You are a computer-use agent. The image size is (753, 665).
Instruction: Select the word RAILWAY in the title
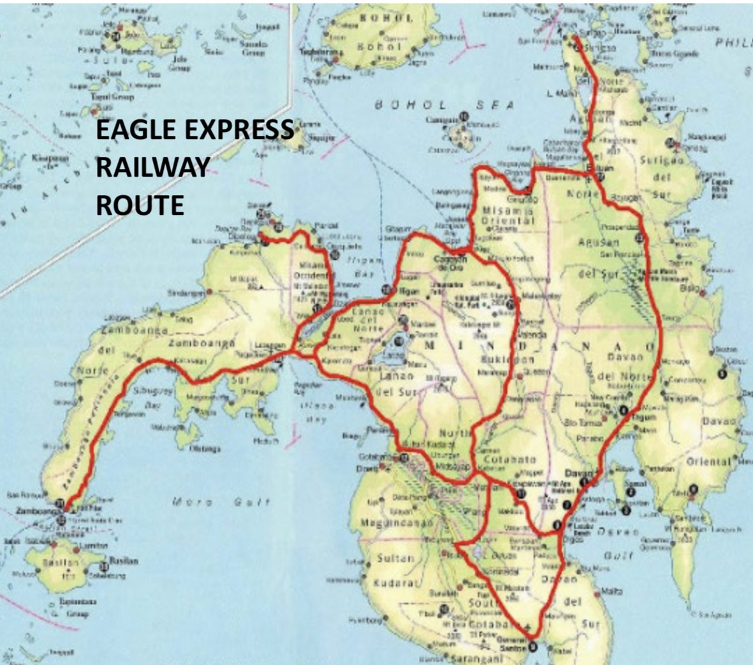point(152,168)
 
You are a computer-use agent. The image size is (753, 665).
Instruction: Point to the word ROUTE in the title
point(140,205)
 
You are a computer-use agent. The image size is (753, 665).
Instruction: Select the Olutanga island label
point(205,449)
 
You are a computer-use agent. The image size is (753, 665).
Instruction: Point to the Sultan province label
point(395,559)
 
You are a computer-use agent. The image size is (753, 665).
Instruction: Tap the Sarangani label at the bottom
point(475,659)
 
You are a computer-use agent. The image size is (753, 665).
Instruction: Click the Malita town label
point(611,592)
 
